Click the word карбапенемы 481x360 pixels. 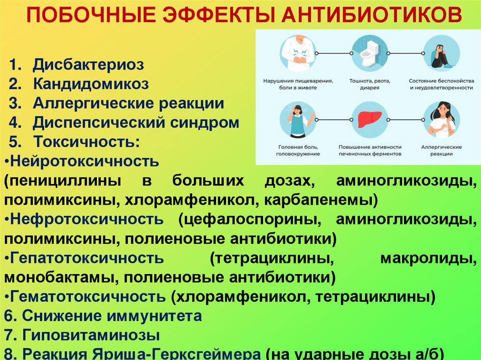[320, 200]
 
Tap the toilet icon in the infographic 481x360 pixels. [370, 53]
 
